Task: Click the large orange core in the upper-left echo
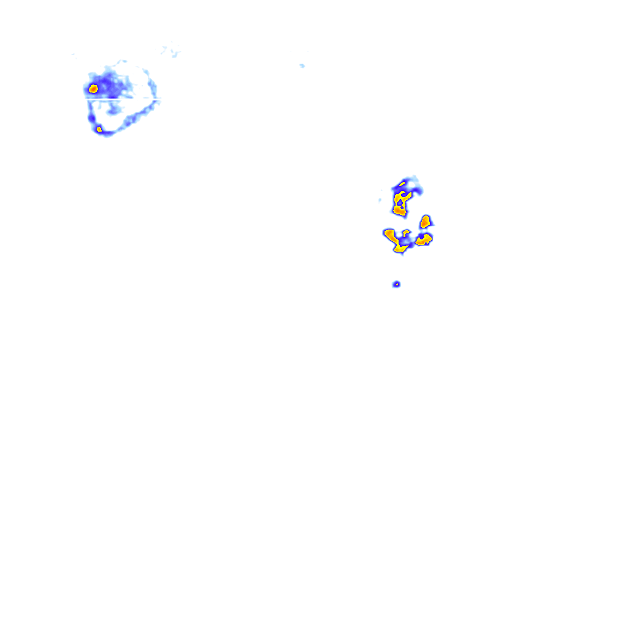(x=93, y=89)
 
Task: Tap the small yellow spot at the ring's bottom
(x=99, y=129)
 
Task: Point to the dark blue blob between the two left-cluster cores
(x=92, y=116)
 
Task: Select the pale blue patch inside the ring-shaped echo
(x=113, y=110)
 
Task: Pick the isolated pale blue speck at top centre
(x=302, y=65)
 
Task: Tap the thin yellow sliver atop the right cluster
(x=402, y=182)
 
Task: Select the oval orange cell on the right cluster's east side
(x=426, y=221)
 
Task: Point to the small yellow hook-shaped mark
(x=405, y=232)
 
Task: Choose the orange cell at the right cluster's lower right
(x=424, y=239)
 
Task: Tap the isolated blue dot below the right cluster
(x=397, y=284)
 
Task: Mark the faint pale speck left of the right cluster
(x=380, y=200)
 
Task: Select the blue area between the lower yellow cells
(x=409, y=241)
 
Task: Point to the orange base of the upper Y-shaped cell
(x=400, y=210)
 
